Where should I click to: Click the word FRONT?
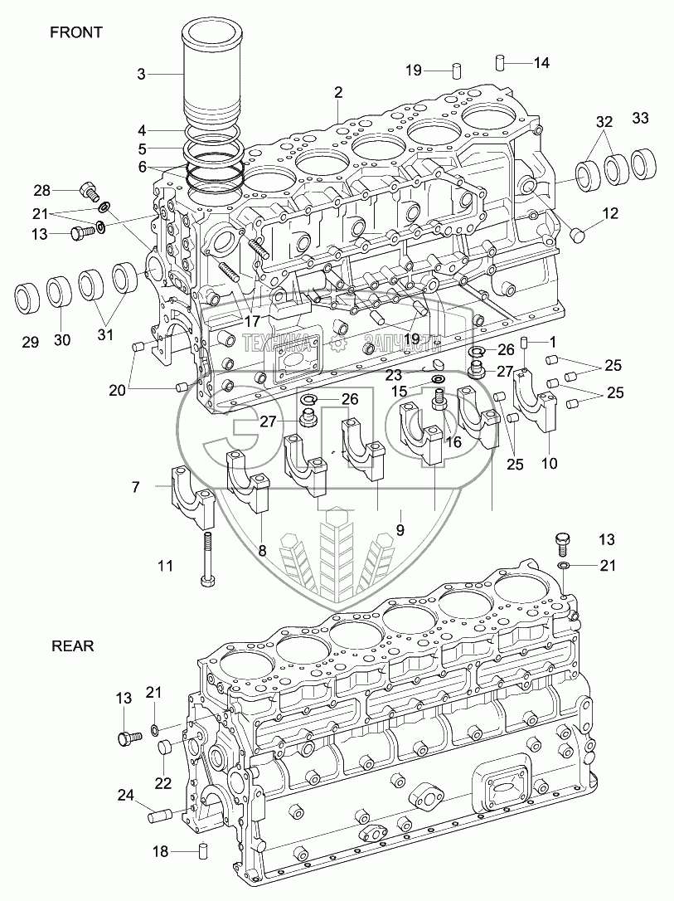pyautogui.click(x=75, y=32)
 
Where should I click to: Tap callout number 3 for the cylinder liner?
pyautogui.click(x=141, y=74)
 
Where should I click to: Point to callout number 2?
pyautogui.click(x=338, y=92)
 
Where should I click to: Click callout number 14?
pyautogui.click(x=541, y=62)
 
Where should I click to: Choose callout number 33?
pyautogui.click(x=640, y=118)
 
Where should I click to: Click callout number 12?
pyautogui.click(x=610, y=214)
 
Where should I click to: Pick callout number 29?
pyautogui.click(x=30, y=342)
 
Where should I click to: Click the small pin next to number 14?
pyautogui.click(x=501, y=62)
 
